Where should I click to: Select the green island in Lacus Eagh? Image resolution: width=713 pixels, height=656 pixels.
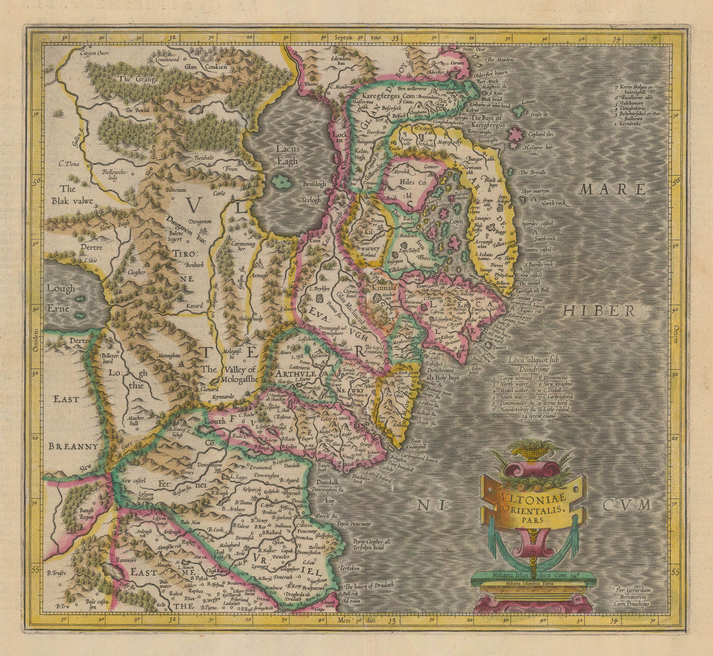click(279, 181)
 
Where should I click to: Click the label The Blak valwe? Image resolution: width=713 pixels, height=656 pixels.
click(77, 195)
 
